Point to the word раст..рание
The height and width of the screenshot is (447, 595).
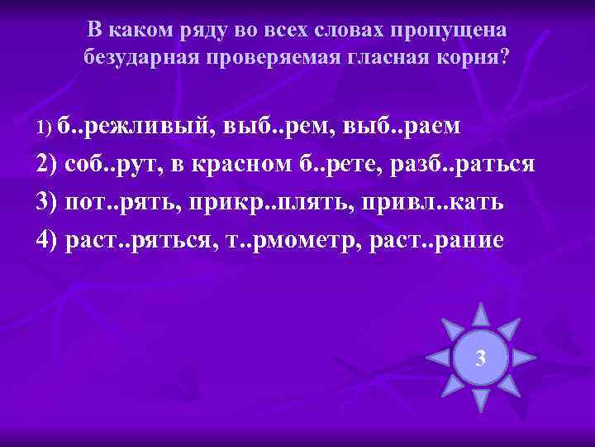434,239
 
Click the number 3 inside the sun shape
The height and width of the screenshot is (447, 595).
480,358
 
